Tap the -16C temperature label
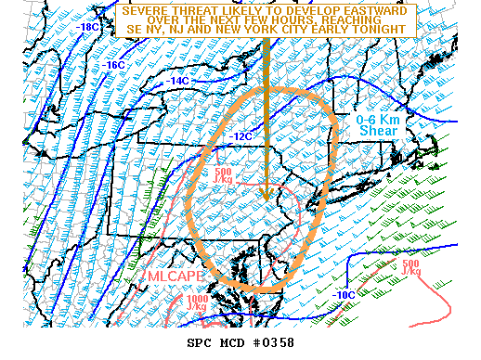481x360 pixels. pos(114,65)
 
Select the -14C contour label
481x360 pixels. pos(179,82)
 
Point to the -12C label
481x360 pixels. pos(241,136)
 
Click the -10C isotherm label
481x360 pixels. pos(342,294)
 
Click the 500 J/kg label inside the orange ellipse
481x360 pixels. pos(223,176)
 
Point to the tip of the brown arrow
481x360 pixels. pos(266,199)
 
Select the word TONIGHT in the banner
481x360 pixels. pos(383,31)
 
